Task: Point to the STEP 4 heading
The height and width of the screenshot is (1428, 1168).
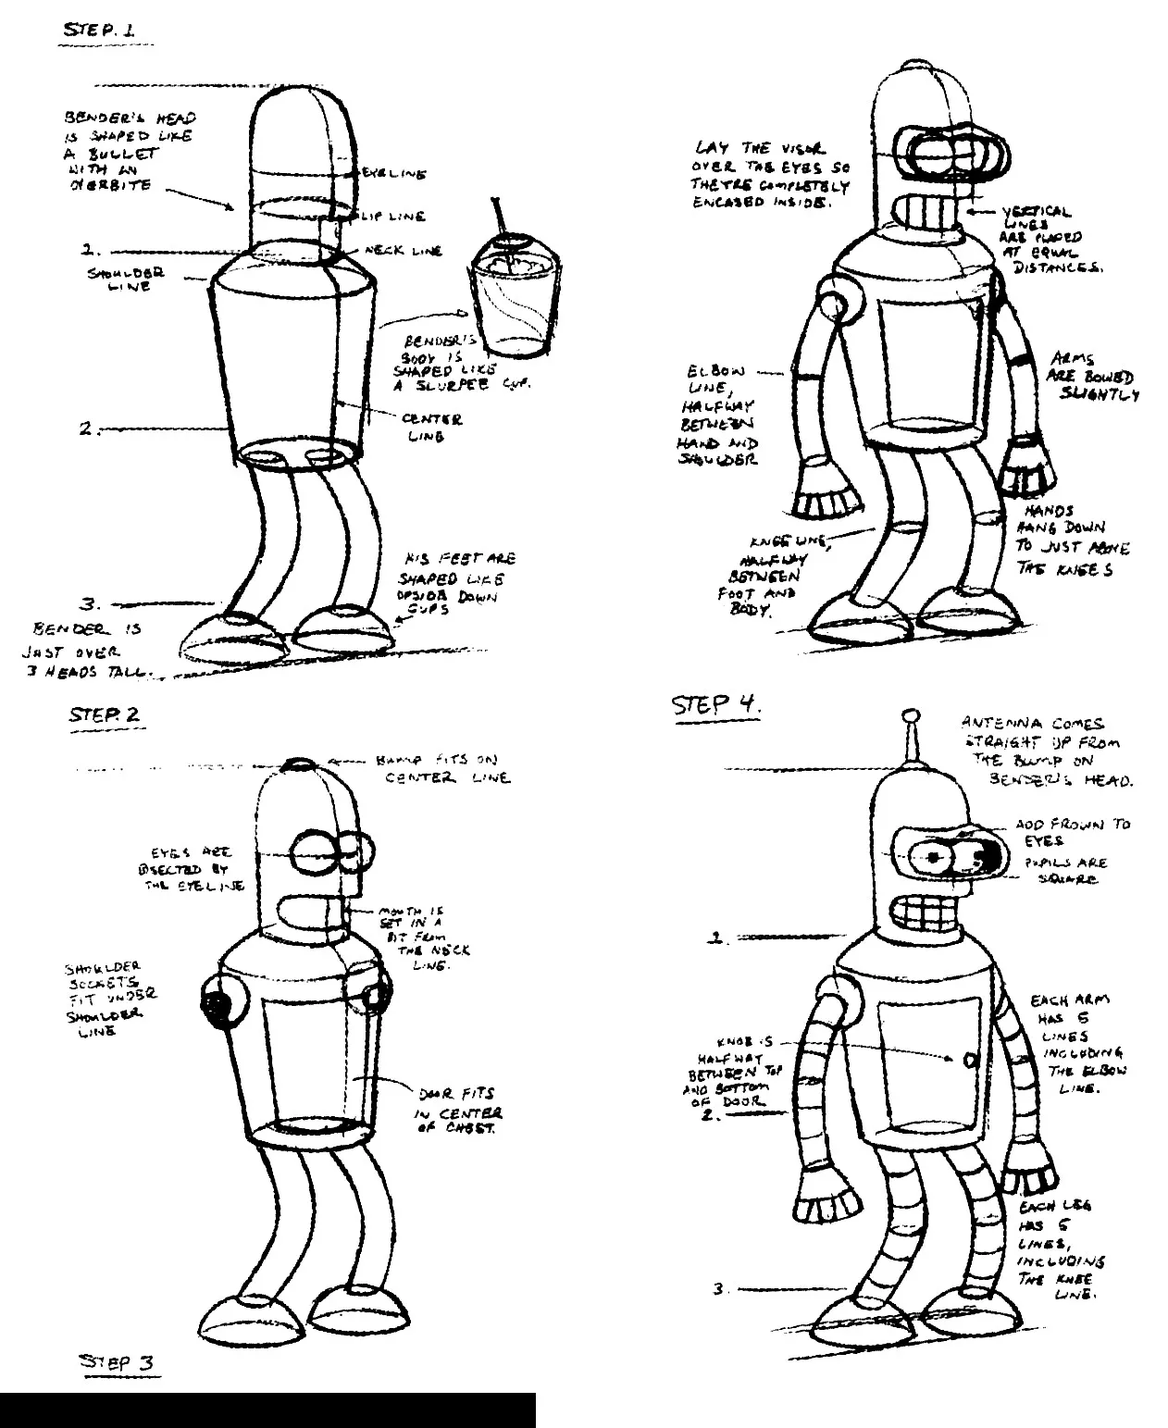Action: tap(715, 705)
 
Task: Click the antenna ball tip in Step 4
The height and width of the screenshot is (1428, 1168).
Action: tap(911, 715)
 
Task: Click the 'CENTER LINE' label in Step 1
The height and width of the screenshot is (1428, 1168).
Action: tap(431, 427)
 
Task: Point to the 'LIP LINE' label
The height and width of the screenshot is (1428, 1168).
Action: tap(398, 217)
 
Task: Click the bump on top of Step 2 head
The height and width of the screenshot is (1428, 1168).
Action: tap(300, 764)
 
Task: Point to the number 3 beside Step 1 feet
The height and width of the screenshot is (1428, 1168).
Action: tap(89, 605)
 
